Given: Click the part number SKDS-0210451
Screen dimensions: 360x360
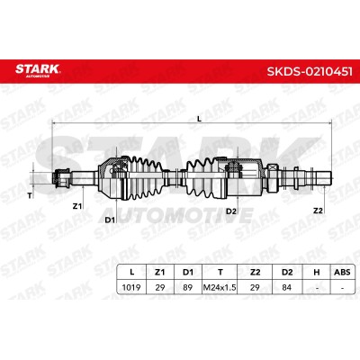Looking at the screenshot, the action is click(x=310, y=71).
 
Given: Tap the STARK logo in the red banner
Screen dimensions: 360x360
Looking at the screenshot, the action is click(x=38, y=70).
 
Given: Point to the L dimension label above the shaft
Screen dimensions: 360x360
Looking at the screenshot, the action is click(x=199, y=119).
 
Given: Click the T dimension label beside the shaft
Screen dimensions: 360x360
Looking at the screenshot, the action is click(x=30, y=196).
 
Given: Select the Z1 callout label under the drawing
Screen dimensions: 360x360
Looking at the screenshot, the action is click(x=77, y=206).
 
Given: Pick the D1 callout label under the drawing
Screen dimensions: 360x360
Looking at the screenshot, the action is click(x=110, y=220).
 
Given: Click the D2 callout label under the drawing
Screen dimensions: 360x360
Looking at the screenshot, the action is click(x=231, y=211).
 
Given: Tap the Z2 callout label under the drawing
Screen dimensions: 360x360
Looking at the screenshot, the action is click(x=318, y=211).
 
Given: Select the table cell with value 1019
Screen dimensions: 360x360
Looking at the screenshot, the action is click(x=131, y=287).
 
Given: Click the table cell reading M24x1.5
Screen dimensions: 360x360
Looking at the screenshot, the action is click(x=220, y=287).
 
